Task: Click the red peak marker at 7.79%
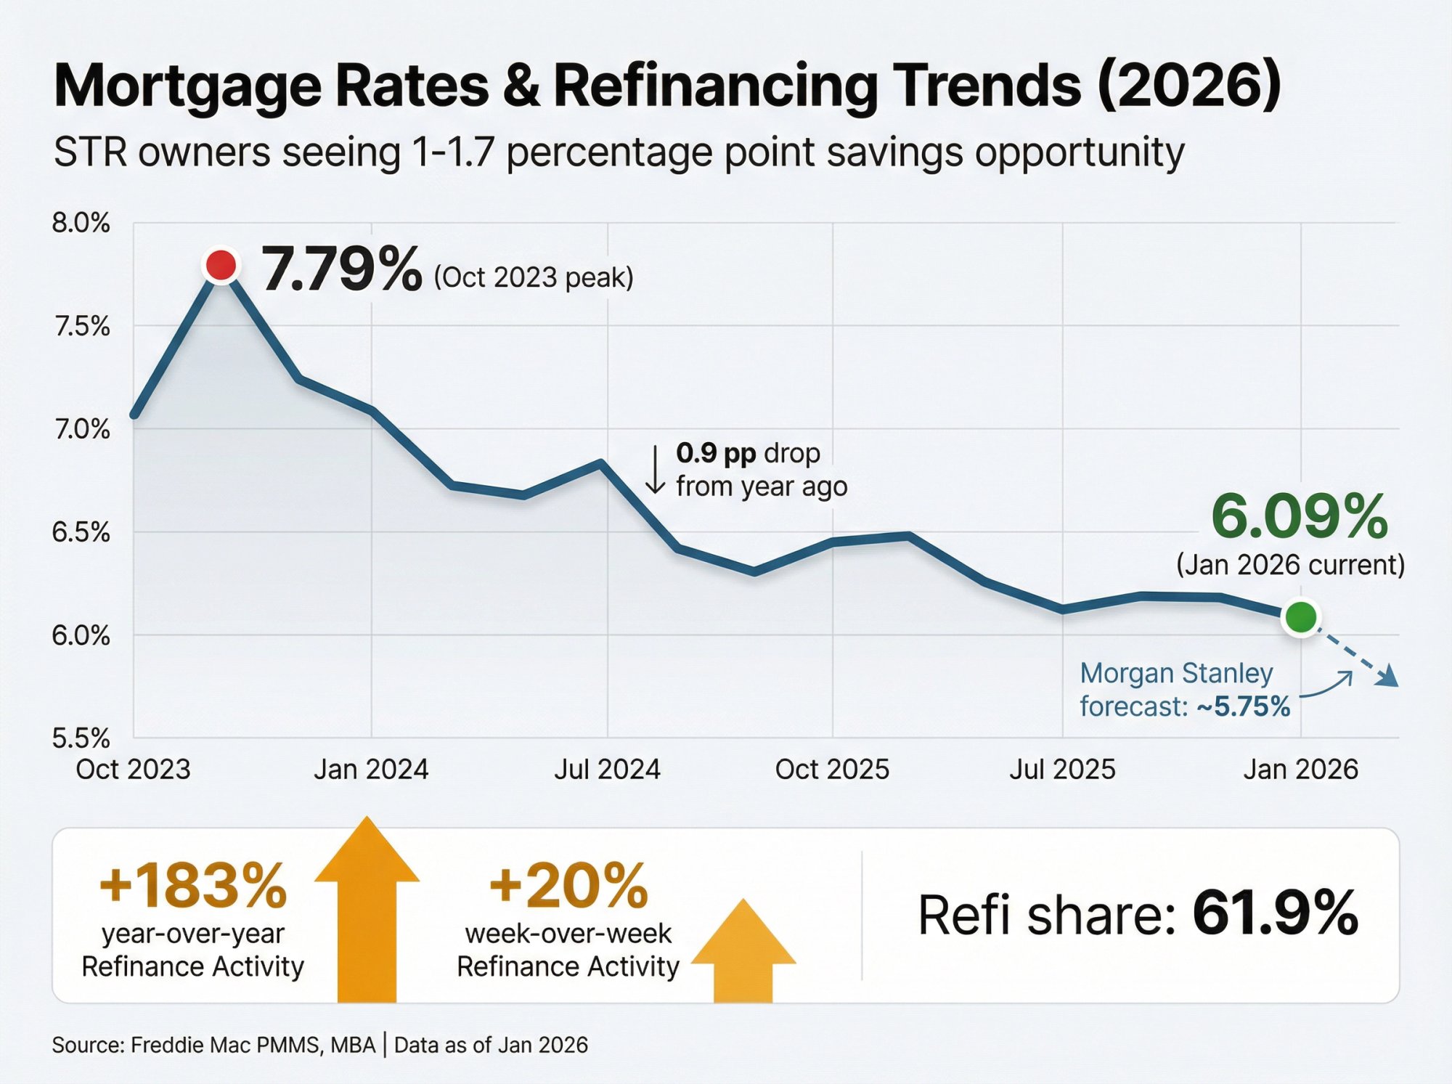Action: (221, 265)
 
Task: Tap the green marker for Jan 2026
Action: (1300, 617)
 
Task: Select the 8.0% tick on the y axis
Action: (81, 223)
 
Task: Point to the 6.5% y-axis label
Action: (81, 532)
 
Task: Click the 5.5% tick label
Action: (81, 738)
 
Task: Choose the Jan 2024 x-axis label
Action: (371, 770)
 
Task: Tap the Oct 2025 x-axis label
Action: (832, 770)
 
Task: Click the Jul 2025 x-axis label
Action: (1062, 770)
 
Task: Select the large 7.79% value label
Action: (341, 269)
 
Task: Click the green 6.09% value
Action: (1300, 517)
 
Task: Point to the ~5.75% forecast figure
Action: (1244, 706)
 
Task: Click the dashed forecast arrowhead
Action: (1388, 677)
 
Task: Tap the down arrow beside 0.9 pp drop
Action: (655, 470)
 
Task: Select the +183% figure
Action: (193, 886)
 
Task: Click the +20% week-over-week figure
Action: (568, 886)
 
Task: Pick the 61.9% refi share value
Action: (1275, 913)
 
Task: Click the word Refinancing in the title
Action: (716, 86)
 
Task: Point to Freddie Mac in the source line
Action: (191, 1046)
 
